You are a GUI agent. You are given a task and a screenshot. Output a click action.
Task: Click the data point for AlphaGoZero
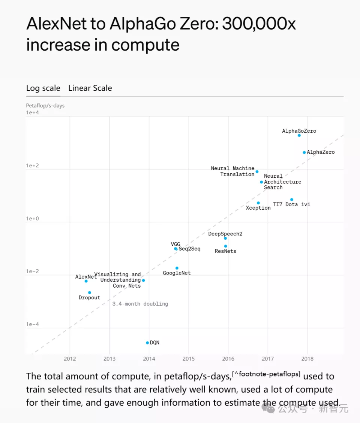point(299,135)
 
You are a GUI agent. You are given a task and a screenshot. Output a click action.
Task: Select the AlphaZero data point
point(304,152)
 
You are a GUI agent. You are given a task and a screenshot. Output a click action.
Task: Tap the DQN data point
point(147,343)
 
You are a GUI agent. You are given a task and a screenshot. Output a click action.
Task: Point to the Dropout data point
point(89,292)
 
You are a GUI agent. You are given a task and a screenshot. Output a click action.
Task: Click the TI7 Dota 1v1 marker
point(292,199)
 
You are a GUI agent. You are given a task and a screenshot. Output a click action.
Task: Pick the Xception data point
point(258,203)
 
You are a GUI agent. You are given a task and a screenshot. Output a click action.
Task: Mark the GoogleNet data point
point(177,268)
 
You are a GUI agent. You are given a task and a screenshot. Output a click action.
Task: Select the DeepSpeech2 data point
point(225,238)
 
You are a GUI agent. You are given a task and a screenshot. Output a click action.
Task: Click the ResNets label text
point(225,251)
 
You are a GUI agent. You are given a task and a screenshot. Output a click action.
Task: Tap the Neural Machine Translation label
point(233,171)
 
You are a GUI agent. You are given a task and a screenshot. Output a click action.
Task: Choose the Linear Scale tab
point(90,88)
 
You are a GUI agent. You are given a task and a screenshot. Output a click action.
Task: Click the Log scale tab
point(43,88)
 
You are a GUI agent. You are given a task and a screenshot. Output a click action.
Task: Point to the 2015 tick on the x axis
point(189,359)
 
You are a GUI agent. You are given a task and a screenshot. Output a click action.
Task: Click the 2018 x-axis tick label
point(307,359)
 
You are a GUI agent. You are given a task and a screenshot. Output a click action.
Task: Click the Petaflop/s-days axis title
point(45,106)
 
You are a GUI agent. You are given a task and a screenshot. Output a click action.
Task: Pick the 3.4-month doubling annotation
point(140,304)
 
